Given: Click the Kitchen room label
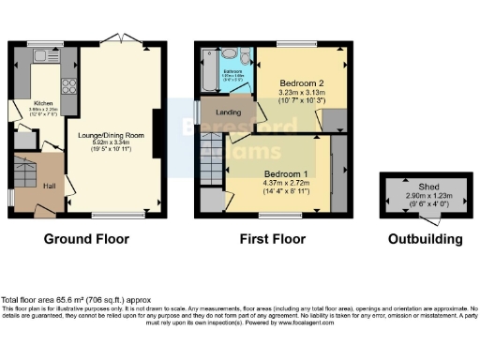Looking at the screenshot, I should coord(44,103).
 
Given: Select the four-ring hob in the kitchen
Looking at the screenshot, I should coord(69,86).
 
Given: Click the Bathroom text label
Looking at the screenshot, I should coord(233,71).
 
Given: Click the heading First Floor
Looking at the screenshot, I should coord(272,239).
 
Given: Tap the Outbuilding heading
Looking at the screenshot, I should coord(425,239).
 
